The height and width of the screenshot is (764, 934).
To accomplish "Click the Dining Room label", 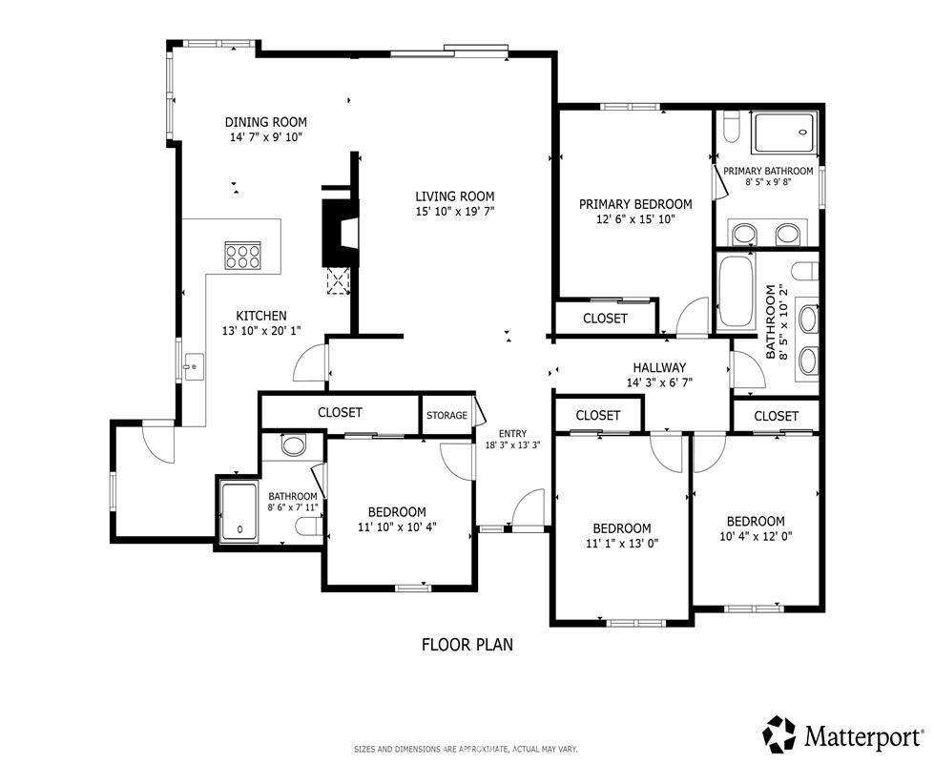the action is pyautogui.click(x=265, y=122).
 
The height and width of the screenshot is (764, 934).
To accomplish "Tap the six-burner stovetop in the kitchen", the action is pyautogui.click(x=242, y=256).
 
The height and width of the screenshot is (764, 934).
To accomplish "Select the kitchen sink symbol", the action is pyautogui.click(x=194, y=366).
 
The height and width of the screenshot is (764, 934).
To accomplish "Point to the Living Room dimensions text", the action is pyautogui.click(x=455, y=211).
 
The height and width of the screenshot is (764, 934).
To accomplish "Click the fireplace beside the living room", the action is pyautogui.click(x=341, y=233).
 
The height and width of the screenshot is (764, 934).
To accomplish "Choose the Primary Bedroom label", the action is pyautogui.click(x=635, y=204).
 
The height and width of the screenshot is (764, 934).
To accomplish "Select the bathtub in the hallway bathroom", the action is pyautogui.click(x=737, y=291).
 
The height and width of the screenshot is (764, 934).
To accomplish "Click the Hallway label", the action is pyautogui.click(x=659, y=368).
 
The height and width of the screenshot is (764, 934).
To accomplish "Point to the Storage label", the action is pyautogui.click(x=446, y=415).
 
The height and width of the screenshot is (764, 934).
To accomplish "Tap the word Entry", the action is pyautogui.click(x=513, y=434).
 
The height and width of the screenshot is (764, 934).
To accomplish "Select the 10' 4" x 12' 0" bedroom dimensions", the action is pyautogui.click(x=756, y=536).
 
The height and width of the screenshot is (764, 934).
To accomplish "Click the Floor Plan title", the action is pyautogui.click(x=467, y=645).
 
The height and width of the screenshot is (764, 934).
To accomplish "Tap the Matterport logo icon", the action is pyautogui.click(x=780, y=734).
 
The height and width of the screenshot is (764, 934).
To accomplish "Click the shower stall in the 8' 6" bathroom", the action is pyautogui.click(x=239, y=512).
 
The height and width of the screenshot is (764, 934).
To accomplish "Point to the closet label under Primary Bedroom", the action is pyautogui.click(x=605, y=319).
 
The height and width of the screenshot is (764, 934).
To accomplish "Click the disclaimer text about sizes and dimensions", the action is pyautogui.click(x=466, y=749).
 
